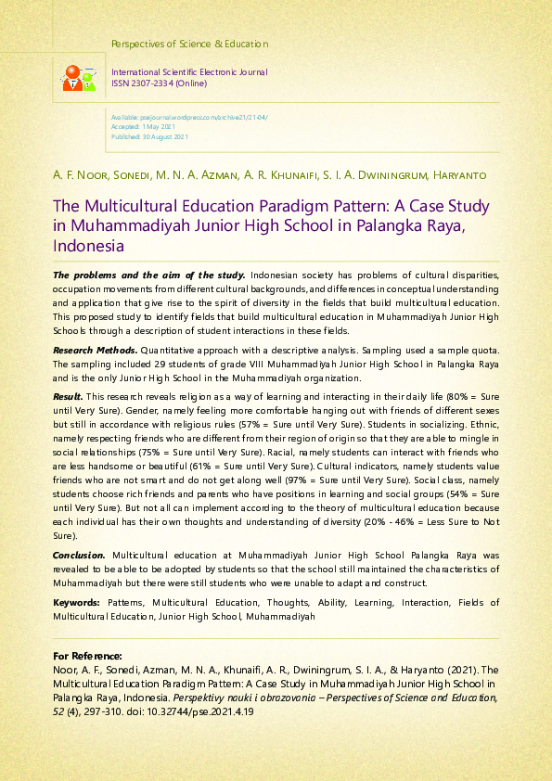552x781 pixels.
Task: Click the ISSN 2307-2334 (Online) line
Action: [x=159, y=83]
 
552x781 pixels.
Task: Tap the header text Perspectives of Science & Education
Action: [x=189, y=44]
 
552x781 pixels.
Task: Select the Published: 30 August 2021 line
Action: [x=149, y=136]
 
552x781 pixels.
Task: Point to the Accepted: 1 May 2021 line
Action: [x=143, y=127]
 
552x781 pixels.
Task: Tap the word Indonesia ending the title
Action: [x=88, y=247]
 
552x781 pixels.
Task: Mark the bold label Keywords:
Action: [x=77, y=603]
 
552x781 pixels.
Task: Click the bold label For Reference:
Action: [x=87, y=655]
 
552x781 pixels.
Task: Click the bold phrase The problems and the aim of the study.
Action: [x=148, y=275]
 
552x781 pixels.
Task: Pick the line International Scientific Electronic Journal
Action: [x=189, y=72]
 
